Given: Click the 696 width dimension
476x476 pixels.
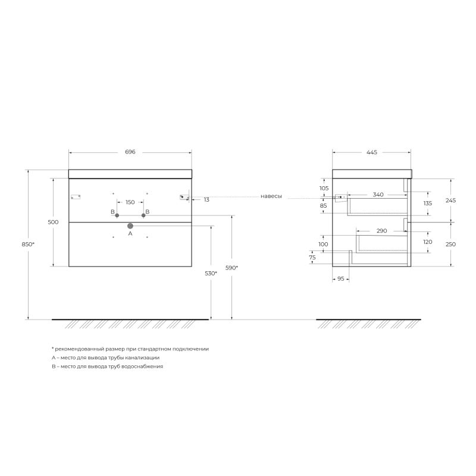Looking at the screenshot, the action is pyautogui.click(x=130, y=152).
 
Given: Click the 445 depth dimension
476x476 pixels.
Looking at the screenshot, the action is pyautogui.click(x=371, y=152).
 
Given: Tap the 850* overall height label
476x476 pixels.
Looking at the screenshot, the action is pyautogui.click(x=28, y=244).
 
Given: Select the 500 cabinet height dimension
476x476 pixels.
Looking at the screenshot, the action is pyautogui.click(x=53, y=222).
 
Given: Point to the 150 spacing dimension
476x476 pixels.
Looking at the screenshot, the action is pyautogui.click(x=130, y=202).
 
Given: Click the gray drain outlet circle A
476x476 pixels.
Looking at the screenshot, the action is pyautogui.click(x=130, y=226).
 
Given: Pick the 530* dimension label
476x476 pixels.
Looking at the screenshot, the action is pyautogui.click(x=211, y=273).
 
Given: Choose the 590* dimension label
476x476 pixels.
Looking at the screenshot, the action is pyautogui.click(x=231, y=268).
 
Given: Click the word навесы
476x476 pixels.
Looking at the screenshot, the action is pyautogui.click(x=271, y=196).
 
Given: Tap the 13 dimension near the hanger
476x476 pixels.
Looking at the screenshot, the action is pyautogui.click(x=206, y=200).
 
